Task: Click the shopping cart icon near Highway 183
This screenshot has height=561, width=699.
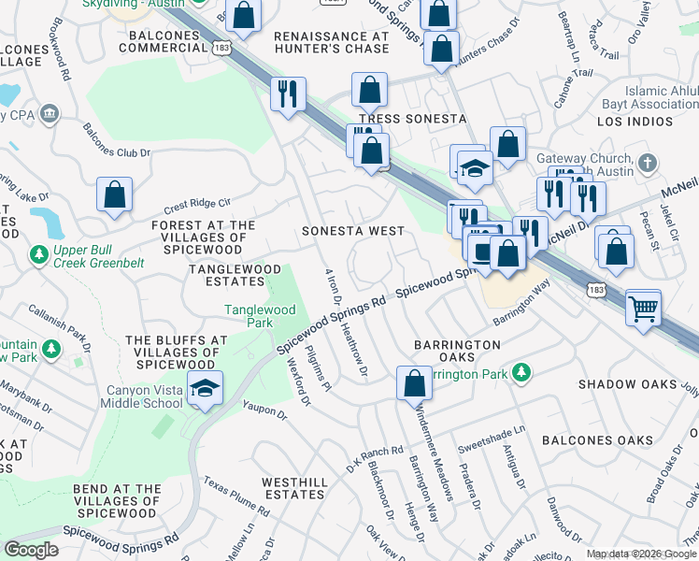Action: (x=643, y=306)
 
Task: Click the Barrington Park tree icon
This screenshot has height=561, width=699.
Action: (x=521, y=373)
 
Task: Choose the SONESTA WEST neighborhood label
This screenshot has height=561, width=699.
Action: (x=353, y=231)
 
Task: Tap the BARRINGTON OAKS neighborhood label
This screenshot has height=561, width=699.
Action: (x=457, y=352)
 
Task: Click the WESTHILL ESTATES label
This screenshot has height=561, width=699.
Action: (x=294, y=488)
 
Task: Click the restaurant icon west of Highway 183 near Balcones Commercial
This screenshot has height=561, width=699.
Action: (x=287, y=93)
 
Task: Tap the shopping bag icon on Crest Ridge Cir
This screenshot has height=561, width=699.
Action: (x=113, y=195)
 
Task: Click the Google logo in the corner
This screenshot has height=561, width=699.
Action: (x=31, y=550)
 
